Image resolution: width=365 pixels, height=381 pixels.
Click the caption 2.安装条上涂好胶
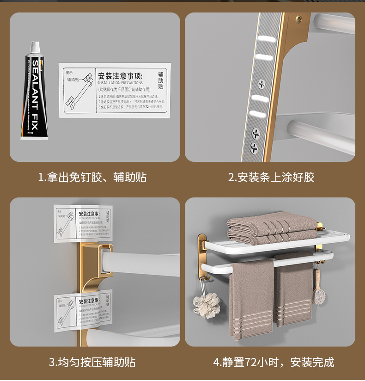click(x=271, y=177)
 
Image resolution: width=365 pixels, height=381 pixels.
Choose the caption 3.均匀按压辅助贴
click(x=92, y=362)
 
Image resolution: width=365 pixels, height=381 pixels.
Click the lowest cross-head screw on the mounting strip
click(x=254, y=148)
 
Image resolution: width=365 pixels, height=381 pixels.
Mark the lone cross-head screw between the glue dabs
click(x=262, y=84)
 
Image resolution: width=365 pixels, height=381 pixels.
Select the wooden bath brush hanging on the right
click(x=318, y=287)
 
